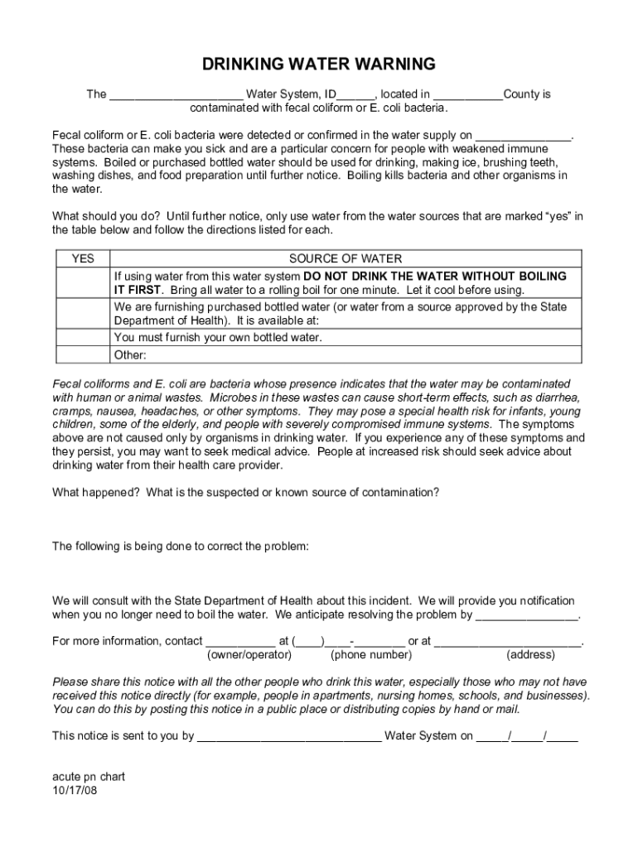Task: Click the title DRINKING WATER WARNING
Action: point(319,64)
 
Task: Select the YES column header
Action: point(83,259)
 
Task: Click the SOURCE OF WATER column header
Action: point(346,259)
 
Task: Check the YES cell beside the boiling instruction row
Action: point(83,283)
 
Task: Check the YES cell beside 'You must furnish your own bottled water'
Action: point(83,338)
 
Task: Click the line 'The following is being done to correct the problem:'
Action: point(181,547)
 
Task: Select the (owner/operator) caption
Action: point(249,655)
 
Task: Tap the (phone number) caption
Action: point(370,655)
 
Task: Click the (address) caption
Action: point(530,655)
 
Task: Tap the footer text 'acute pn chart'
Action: point(89,778)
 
